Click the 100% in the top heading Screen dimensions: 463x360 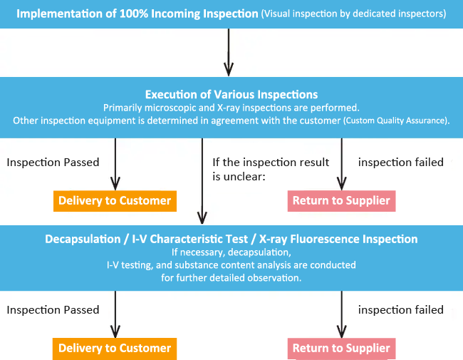tap(133, 14)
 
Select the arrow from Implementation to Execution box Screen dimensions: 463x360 tap(229, 52)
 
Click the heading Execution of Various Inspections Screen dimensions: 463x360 tap(231, 95)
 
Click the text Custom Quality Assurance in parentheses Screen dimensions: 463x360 tap(395, 120)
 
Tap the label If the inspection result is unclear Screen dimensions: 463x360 tap(271, 170)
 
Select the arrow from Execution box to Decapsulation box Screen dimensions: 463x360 tap(202, 181)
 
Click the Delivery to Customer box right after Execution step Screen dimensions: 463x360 tap(115, 201)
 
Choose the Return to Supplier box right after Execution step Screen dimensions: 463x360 tap(341, 201)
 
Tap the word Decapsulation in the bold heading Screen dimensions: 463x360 tap(83, 239)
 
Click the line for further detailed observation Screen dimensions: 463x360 tap(231, 278)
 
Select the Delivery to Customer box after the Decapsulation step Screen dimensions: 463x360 tap(115, 349)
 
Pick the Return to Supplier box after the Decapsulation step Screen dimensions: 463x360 tap(341, 349)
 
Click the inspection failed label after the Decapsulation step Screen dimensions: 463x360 tap(401, 310)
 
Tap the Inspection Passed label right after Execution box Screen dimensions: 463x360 tap(53, 163)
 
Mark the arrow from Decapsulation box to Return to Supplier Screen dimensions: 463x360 tap(342, 314)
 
